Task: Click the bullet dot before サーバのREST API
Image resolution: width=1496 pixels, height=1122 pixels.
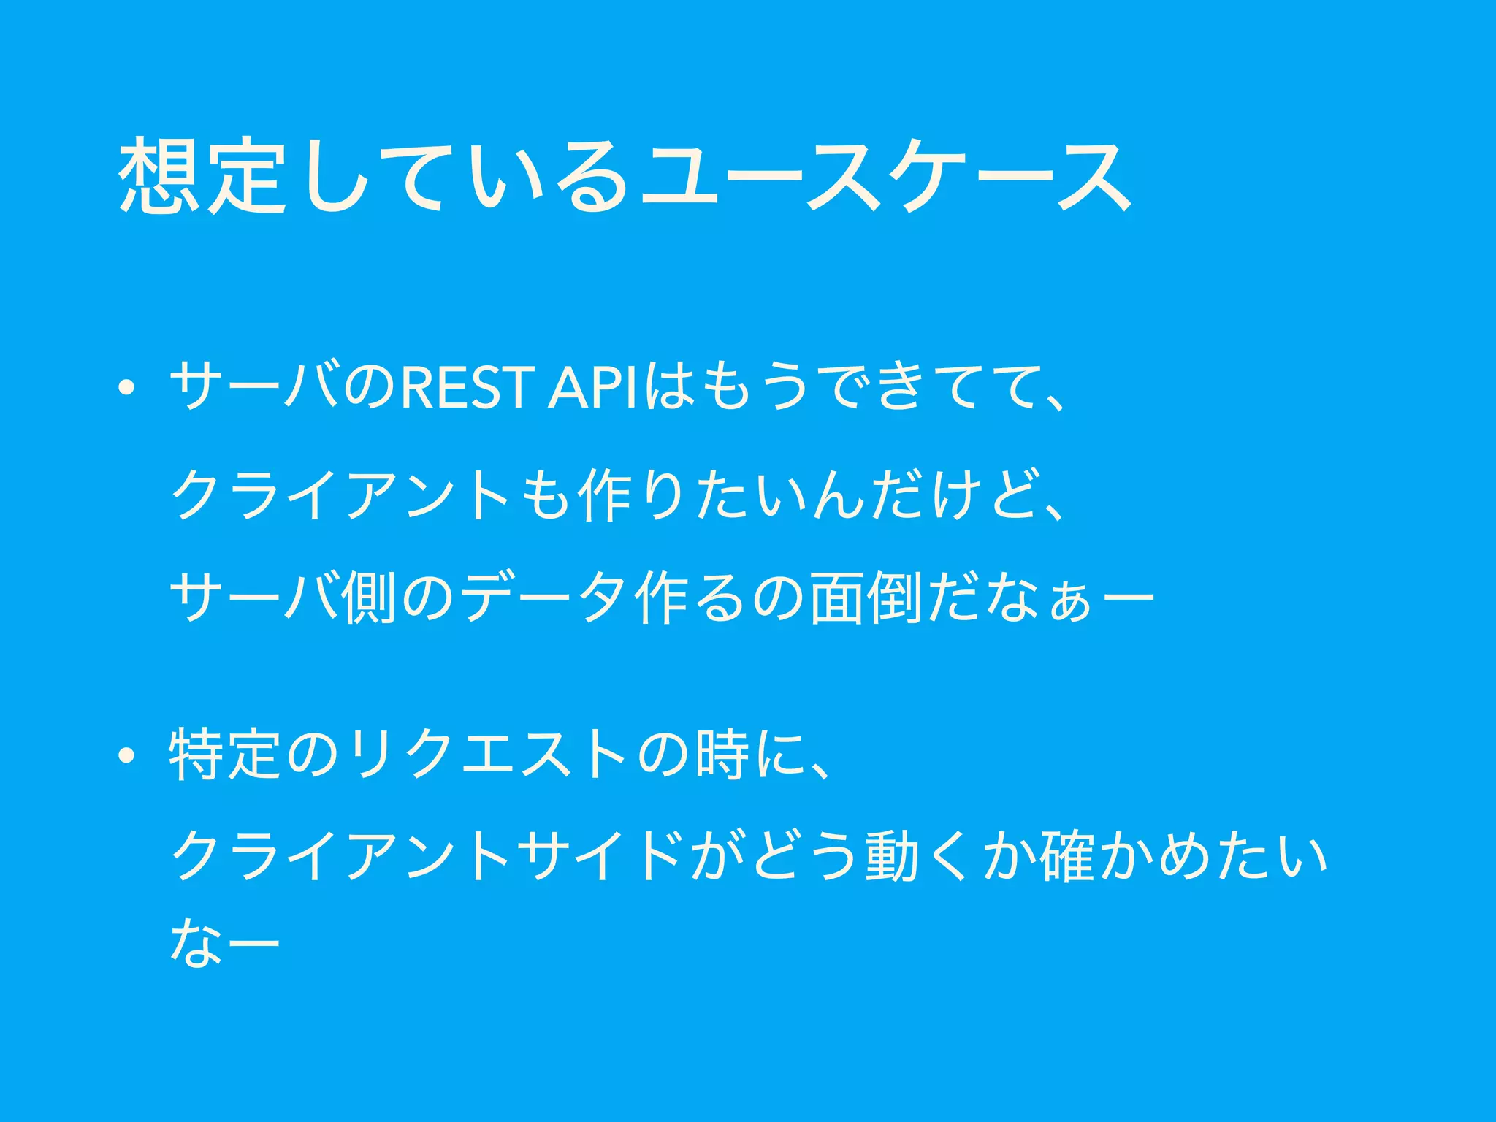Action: (127, 388)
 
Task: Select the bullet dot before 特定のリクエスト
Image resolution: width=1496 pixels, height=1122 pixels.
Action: (127, 756)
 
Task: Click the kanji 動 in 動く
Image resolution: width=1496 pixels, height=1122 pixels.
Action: (892, 855)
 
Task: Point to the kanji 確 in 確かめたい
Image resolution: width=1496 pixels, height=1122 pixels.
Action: (1067, 855)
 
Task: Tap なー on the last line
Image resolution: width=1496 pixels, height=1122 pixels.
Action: (225, 944)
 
